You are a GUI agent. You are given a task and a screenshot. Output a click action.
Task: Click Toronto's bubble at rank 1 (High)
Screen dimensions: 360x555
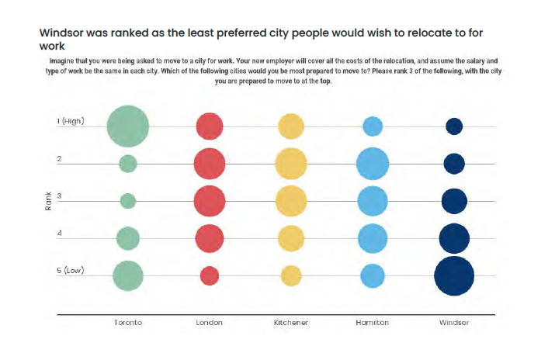128,126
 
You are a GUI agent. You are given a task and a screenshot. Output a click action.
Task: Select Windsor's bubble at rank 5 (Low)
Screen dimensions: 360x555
454,275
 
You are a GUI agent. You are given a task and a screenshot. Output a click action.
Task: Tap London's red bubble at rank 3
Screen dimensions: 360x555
210,200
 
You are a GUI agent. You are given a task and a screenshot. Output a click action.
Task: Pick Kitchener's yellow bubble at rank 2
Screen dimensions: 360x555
291,163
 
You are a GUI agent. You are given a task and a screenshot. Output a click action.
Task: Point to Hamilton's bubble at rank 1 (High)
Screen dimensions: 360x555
373,126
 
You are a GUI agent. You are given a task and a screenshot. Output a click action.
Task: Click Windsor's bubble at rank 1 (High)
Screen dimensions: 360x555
454,126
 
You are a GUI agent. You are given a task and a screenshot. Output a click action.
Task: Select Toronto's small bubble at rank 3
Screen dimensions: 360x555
128,200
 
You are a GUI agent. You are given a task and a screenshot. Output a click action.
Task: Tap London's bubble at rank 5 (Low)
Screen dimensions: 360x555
210,275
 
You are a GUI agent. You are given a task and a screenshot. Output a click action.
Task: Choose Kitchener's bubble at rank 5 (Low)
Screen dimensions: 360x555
291,275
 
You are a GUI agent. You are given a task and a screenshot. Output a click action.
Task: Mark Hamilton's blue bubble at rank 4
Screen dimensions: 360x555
373,238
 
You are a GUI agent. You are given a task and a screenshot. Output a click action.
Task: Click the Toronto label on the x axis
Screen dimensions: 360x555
128,323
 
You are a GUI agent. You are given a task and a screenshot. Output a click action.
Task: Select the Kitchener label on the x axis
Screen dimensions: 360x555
291,323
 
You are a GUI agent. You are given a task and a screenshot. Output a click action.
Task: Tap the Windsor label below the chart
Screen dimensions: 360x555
454,323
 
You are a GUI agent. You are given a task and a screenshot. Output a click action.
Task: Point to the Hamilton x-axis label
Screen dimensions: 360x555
373,323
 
